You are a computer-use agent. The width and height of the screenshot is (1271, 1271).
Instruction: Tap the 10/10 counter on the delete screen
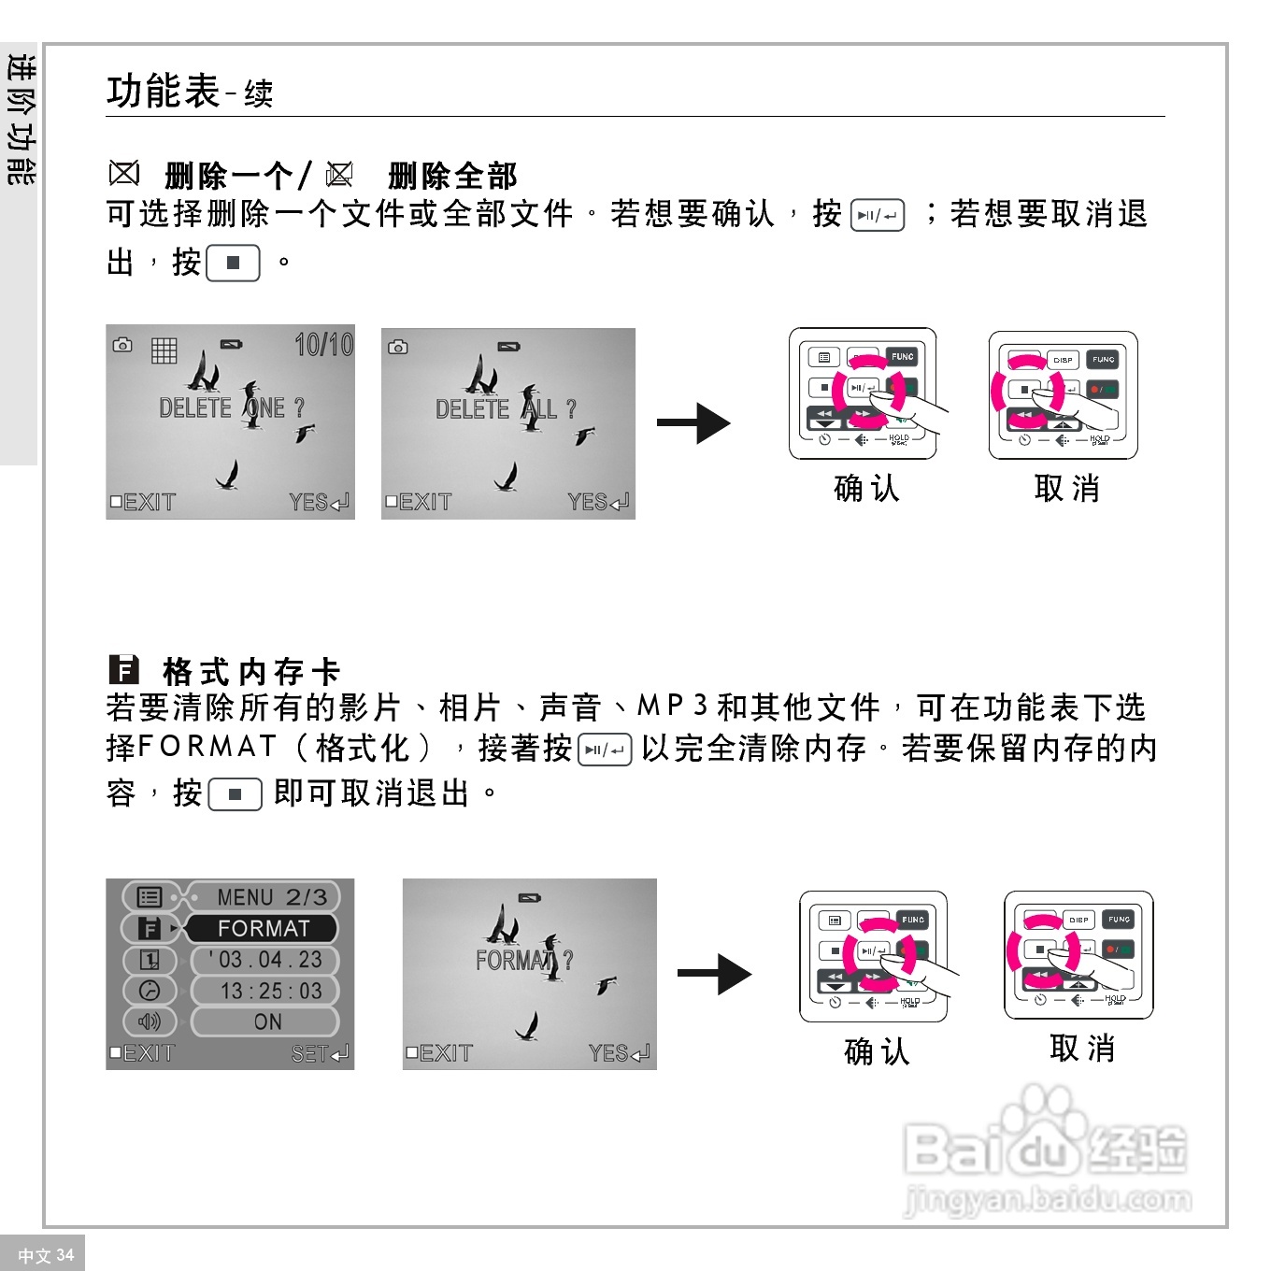click(323, 345)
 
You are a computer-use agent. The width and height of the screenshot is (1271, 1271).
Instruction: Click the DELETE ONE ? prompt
click(231, 408)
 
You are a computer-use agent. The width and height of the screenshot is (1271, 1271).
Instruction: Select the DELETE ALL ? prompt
click(506, 409)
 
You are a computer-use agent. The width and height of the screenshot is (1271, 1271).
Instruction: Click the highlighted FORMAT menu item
click(263, 928)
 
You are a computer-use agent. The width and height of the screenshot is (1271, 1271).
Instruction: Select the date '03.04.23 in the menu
click(265, 960)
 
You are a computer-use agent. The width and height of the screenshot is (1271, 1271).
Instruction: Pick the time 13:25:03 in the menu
click(270, 991)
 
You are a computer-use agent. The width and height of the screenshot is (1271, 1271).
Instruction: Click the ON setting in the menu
click(267, 1021)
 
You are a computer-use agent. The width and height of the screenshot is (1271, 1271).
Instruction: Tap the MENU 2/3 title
click(271, 897)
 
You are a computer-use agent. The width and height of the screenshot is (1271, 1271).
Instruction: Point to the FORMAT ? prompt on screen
click(523, 960)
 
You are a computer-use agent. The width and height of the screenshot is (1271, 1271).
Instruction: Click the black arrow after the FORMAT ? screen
click(714, 975)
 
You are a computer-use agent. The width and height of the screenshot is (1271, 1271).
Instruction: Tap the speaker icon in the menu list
click(150, 1021)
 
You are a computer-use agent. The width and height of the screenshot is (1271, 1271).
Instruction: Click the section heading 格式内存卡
click(250, 671)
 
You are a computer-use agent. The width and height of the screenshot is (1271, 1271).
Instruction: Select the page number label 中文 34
click(45, 1255)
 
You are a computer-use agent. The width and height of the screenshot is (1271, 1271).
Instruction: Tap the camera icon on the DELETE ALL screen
click(398, 347)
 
